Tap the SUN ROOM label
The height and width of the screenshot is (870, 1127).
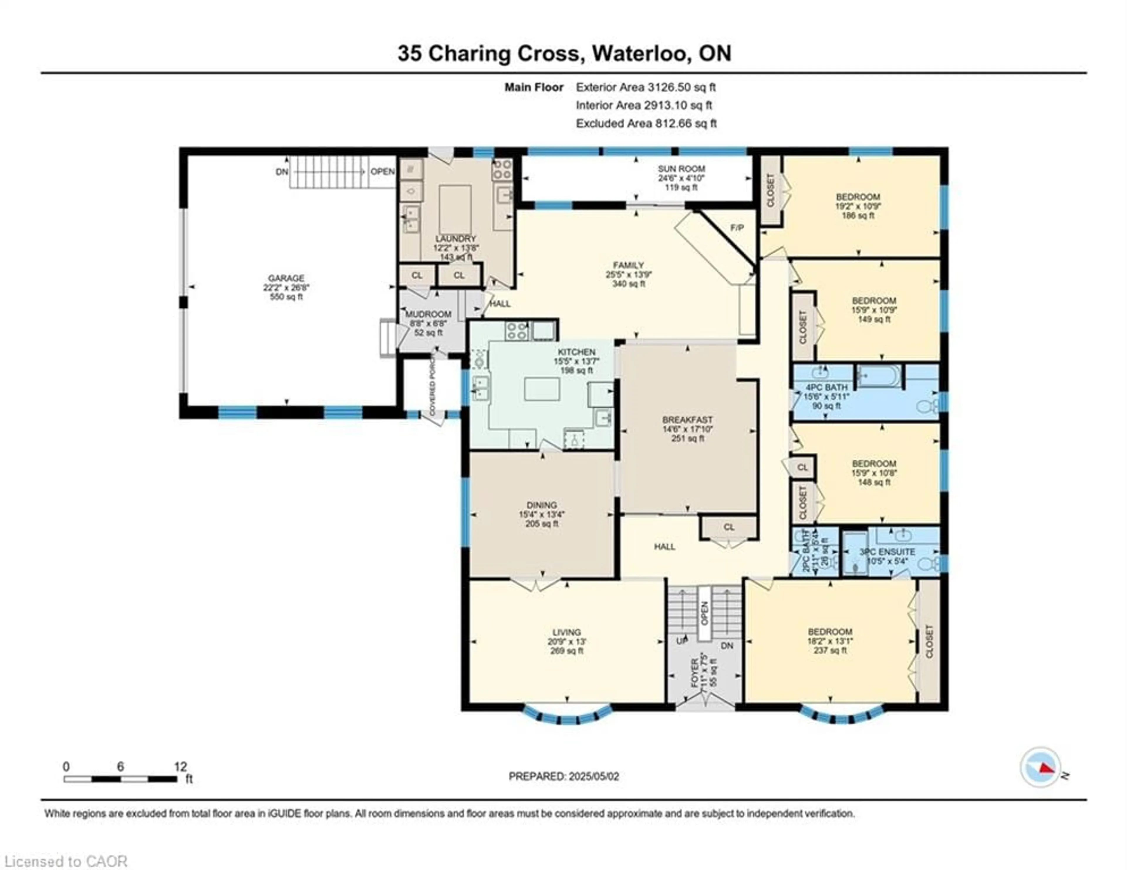click(x=681, y=169)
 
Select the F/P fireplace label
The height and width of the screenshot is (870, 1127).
click(x=737, y=228)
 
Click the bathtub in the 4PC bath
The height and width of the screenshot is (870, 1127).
click(x=879, y=375)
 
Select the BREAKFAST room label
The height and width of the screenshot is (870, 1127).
click(x=687, y=420)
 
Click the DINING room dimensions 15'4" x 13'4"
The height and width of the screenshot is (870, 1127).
click(x=542, y=514)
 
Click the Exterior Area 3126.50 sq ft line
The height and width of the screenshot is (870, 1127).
click(x=646, y=87)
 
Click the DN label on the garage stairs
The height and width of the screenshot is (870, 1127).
click(x=282, y=172)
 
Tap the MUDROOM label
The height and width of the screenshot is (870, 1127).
click(x=428, y=314)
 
